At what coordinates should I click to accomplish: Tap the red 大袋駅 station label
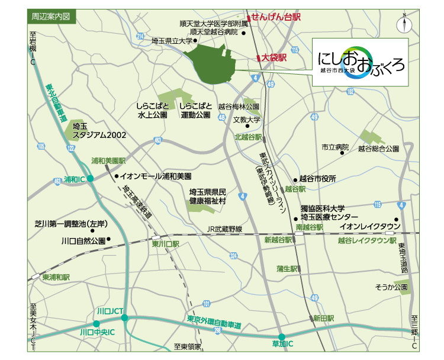pyautogui.click(x=274, y=57)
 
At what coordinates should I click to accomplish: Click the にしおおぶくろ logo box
pyautogui.click(x=360, y=63)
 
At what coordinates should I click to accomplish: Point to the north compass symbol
pyautogui.click(x=406, y=24)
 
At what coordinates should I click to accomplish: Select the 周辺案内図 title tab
pyautogui.click(x=52, y=17)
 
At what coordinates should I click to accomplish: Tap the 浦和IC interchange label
pyautogui.click(x=76, y=178)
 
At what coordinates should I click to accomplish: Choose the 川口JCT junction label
pyautogui.click(x=110, y=311)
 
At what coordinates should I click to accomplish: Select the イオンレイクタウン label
pyautogui.click(x=371, y=226)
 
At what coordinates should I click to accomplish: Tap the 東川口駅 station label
pyautogui.click(x=165, y=243)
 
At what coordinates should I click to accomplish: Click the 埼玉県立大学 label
pyautogui.click(x=172, y=41)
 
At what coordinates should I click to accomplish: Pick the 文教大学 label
pyautogui.click(x=246, y=120)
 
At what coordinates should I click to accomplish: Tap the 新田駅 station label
pyautogui.click(x=324, y=318)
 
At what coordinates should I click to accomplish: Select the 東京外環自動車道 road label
pyautogui.click(x=214, y=322)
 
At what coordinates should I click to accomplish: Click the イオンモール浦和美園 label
pyautogui.click(x=156, y=176)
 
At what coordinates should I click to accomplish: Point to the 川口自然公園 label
pyautogui.click(x=83, y=241)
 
